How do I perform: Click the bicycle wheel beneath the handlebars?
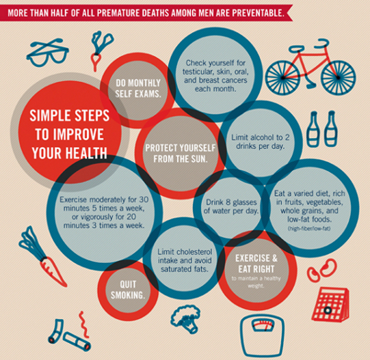pyautogui.click(x=339, y=77)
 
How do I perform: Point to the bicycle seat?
pyautogui.click(x=298, y=49)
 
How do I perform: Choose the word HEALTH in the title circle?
pyautogui.click(x=86, y=153)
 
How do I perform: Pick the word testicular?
pyautogui.click(x=198, y=72)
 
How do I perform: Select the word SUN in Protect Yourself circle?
pyautogui.click(x=199, y=159)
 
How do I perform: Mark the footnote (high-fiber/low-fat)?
pyautogui.click(x=309, y=228)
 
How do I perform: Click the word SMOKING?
pyautogui.click(x=128, y=295)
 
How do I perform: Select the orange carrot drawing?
pyautogui.click(x=43, y=256)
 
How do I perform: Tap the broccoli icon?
pyautogui.click(x=186, y=318)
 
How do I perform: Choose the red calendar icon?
pyautogui.click(x=330, y=304)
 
